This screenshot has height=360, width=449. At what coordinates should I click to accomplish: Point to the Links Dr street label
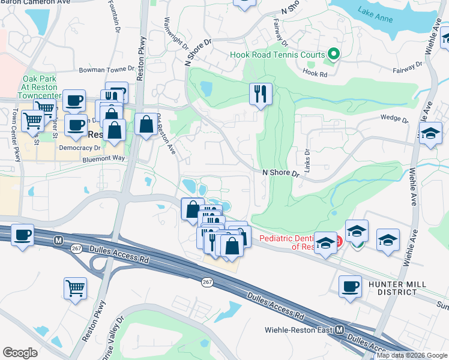306,161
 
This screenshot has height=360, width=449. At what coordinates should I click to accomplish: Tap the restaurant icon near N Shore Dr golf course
261,94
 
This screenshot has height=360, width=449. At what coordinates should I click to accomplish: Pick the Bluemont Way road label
103,158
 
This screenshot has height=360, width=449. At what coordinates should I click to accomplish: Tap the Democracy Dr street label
80,147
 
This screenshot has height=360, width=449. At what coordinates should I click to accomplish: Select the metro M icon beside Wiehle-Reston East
339,330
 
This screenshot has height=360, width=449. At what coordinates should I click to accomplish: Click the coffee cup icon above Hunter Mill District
350,287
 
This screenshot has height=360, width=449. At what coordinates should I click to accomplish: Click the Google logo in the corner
20,352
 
